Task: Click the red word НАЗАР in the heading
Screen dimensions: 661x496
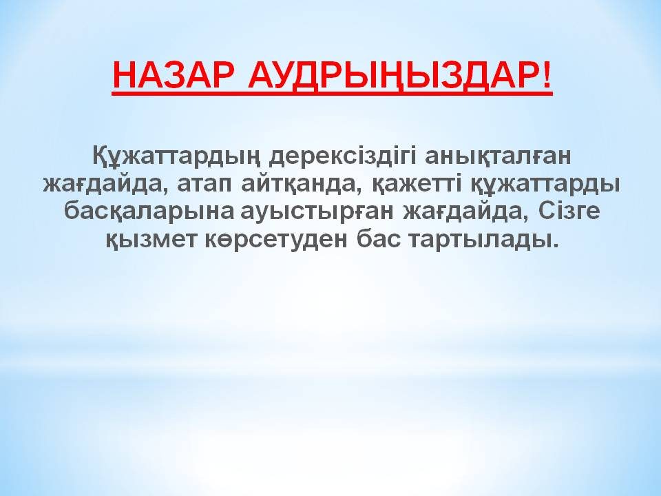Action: coord(174,76)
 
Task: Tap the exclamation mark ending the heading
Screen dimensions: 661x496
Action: coord(546,76)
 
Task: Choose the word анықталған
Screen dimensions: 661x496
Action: coord(498,156)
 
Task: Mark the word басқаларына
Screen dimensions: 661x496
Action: coord(149,211)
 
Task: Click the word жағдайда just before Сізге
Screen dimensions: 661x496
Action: coord(466,211)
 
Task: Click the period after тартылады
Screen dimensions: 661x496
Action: coord(554,245)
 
